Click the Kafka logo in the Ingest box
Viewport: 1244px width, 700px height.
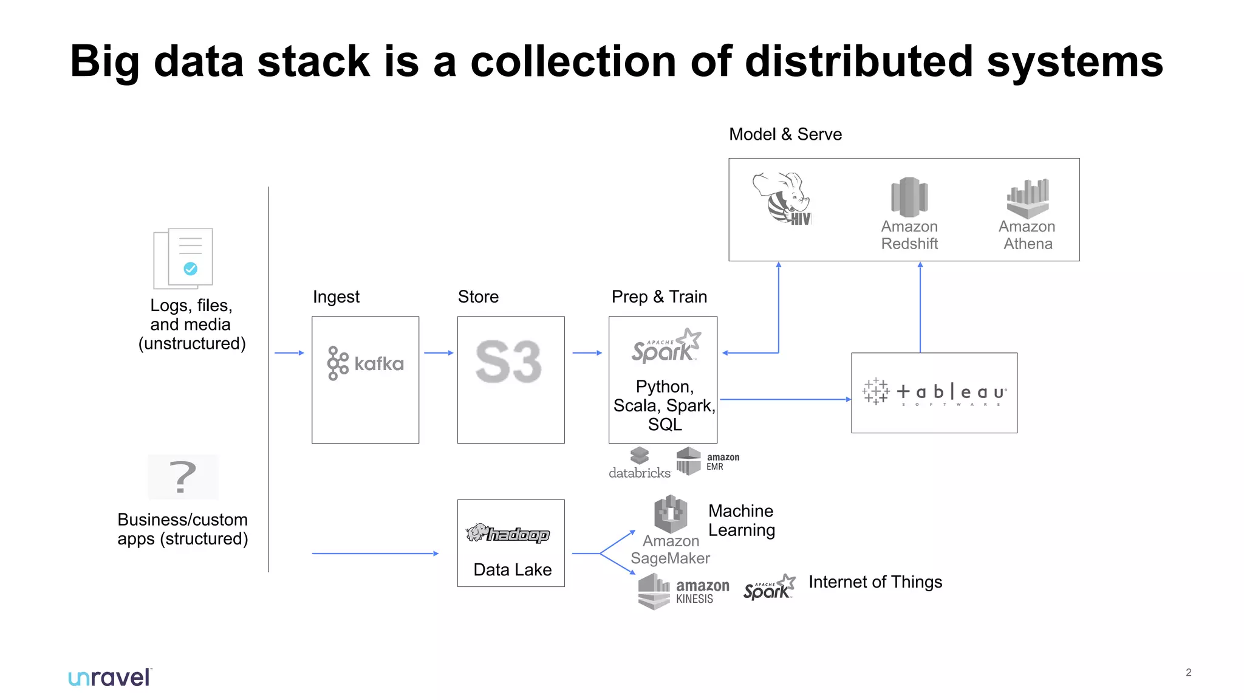(x=365, y=363)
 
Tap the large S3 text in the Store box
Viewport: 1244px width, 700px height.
(x=508, y=362)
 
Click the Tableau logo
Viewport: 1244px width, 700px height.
(x=934, y=393)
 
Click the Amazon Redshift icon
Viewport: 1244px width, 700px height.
(x=909, y=197)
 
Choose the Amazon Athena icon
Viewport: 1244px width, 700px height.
(x=1028, y=198)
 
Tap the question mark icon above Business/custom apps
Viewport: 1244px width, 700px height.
(x=183, y=477)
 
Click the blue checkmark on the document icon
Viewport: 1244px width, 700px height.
(x=190, y=269)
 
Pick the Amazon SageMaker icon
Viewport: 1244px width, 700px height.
(x=671, y=514)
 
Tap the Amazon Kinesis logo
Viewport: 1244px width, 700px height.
(x=683, y=591)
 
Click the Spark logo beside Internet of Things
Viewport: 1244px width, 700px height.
(x=769, y=588)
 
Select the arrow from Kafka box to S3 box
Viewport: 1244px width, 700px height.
(x=439, y=352)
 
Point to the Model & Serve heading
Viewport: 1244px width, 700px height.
(x=785, y=134)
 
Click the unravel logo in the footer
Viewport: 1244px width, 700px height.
(x=110, y=678)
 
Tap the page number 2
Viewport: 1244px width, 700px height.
(x=1188, y=672)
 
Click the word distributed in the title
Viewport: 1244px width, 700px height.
(x=859, y=62)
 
